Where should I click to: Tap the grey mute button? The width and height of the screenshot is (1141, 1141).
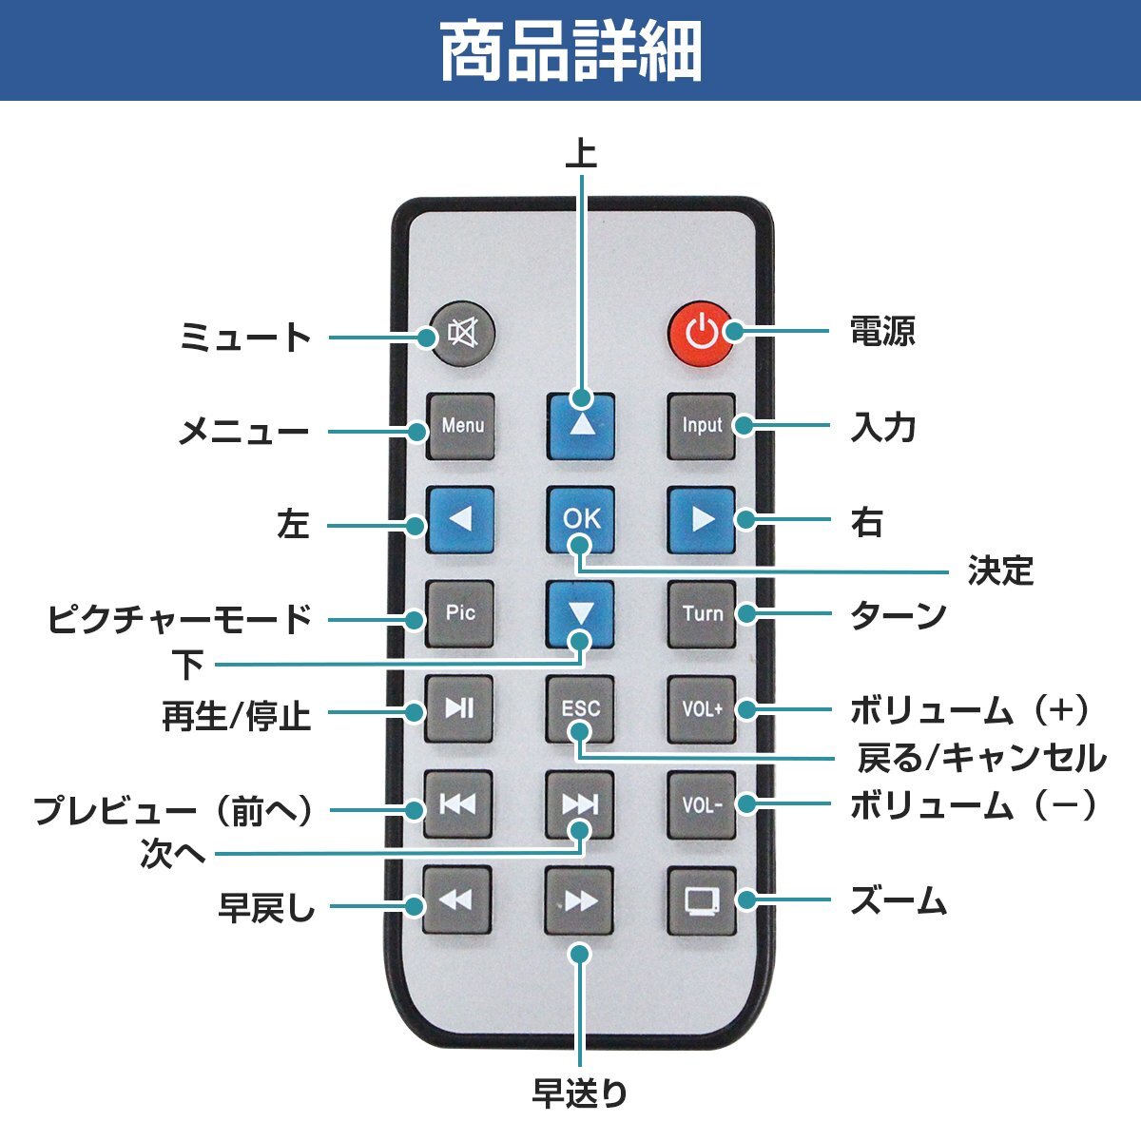[x=461, y=335]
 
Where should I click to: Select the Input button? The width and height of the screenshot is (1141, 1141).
[x=702, y=426]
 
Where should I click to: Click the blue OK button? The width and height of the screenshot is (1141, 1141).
[x=581, y=519]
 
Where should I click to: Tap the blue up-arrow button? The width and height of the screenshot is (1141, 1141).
[x=581, y=426]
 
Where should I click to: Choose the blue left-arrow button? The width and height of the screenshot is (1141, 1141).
[x=460, y=519]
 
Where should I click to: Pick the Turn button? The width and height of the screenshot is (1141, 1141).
[x=702, y=613]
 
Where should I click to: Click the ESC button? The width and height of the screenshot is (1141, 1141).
[x=581, y=708]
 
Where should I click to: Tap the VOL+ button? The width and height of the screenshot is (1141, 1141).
[x=702, y=708]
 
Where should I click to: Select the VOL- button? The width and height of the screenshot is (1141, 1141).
[x=702, y=804]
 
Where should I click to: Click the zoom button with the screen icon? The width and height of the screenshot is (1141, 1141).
[x=702, y=899]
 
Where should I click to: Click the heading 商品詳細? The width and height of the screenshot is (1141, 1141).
[x=570, y=51]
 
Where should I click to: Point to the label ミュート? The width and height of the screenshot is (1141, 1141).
[x=245, y=338]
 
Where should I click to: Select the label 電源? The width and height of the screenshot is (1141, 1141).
[x=882, y=332]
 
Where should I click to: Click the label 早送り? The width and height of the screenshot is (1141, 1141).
[x=580, y=1093]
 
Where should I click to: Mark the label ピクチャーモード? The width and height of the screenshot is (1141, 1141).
[x=180, y=619]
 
